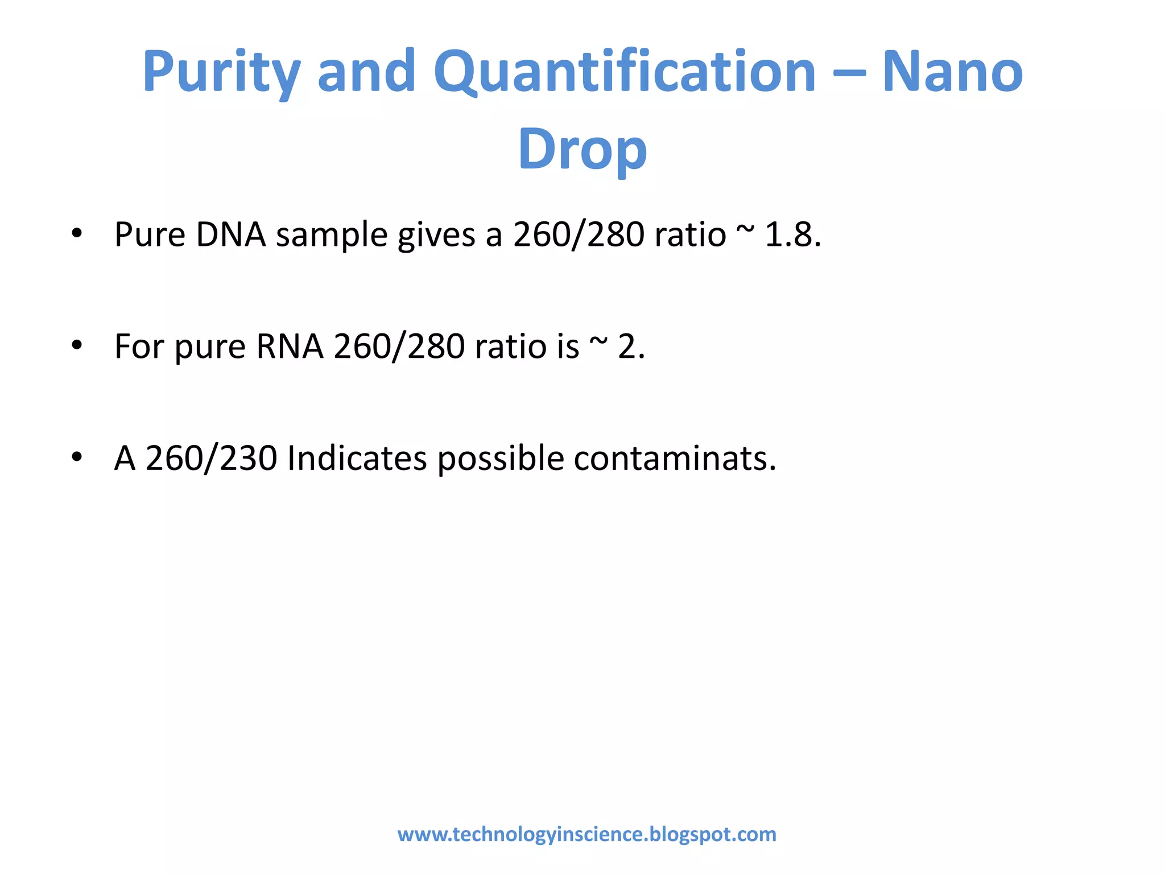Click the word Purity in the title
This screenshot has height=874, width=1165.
tap(221, 73)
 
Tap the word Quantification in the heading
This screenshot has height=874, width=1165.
tap(625, 73)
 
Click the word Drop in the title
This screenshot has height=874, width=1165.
tap(582, 149)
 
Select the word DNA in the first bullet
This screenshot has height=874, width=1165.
tap(230, 234)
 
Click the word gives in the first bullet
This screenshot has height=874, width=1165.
tap(436, 235)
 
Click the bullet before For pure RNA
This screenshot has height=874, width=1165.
tap(77, 345)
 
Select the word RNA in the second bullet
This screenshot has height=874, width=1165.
tap(290, 346)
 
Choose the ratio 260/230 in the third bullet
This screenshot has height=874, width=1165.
tap(212, 458)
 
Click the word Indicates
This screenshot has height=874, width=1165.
tap(357, 458)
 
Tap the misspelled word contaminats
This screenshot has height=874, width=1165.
tap(674, 458)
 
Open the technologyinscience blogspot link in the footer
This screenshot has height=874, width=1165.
tap(586, 834)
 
